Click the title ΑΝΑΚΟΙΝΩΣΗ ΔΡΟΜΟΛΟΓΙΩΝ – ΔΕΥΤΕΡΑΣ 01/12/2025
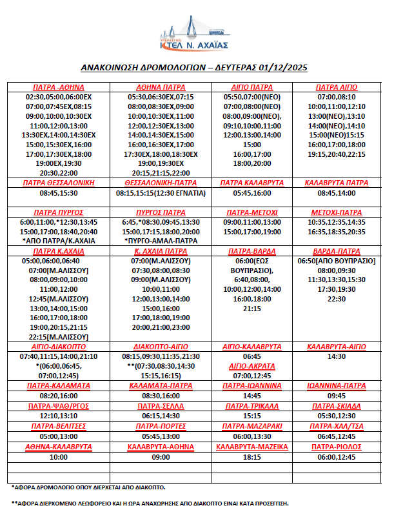196,66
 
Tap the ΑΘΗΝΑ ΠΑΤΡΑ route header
161,87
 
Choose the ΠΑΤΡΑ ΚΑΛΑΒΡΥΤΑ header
252,183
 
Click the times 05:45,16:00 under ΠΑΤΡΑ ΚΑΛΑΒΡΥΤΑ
252,192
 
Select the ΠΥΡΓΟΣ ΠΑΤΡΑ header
161,212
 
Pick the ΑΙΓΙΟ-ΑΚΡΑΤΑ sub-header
252,366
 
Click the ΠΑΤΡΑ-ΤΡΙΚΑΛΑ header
252,406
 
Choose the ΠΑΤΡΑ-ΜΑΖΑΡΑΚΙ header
252,427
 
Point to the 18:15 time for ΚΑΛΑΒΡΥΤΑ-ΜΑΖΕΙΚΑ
252,456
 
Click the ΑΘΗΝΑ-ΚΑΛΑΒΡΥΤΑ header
59,447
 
